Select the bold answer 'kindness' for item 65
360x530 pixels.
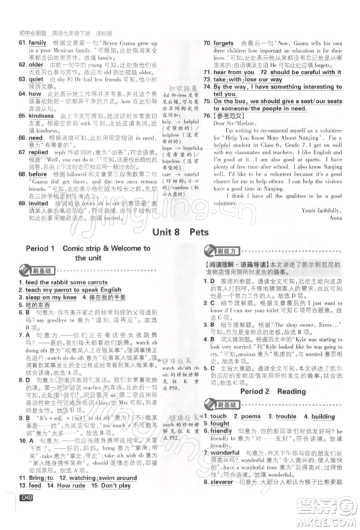(x=40, y=114)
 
